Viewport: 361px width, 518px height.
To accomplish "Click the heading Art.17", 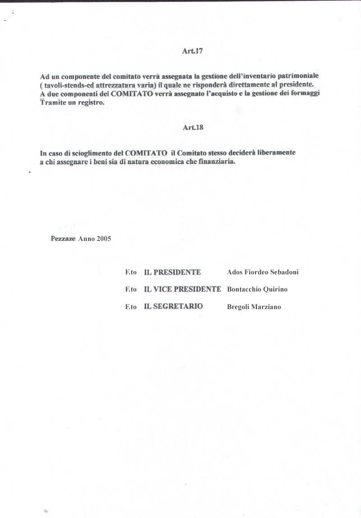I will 192,51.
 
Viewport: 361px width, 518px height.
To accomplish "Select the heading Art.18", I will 193,127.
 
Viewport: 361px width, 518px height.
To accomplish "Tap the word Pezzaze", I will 63,239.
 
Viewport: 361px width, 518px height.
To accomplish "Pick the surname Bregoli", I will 239,307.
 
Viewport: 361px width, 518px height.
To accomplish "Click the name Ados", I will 235,272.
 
